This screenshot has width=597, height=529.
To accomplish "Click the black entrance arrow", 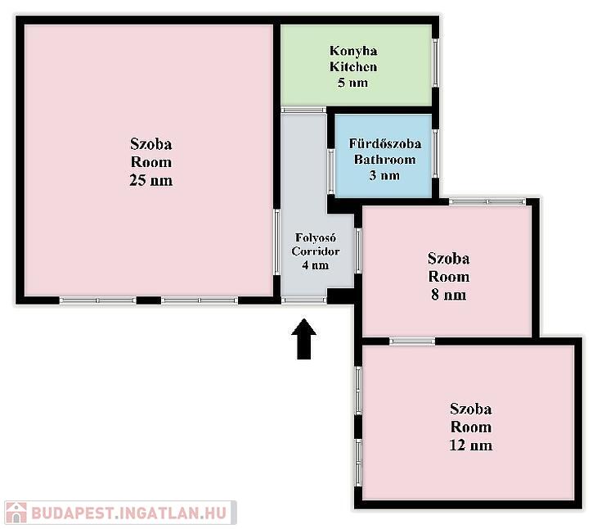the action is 304,339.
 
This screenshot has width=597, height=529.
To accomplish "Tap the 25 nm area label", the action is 150,180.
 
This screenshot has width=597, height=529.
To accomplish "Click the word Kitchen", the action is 353,66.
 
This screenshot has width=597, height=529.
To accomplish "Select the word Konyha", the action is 353,51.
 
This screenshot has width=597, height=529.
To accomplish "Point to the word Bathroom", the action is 384,160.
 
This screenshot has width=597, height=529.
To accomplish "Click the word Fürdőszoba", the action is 385,143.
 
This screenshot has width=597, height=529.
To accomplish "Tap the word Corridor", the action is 315,251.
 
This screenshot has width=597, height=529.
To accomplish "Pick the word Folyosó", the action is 315,237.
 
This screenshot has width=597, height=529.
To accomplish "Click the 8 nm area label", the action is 448,295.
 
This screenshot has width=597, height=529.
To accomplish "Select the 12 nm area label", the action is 470,445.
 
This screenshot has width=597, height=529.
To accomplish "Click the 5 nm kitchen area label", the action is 352,83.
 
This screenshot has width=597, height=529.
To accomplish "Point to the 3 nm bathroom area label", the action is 384,175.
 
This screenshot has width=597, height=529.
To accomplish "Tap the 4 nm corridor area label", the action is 315,265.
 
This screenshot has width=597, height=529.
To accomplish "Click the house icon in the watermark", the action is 16,513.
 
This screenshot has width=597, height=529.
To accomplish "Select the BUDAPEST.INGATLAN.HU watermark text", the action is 129,513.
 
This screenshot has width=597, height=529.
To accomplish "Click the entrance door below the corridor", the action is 304,301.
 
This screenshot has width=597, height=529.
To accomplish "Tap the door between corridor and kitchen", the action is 303,110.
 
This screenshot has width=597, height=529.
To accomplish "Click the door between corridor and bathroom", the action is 331,171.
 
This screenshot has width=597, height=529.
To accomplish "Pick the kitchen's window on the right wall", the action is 436,62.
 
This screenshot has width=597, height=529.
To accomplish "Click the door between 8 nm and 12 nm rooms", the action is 412,341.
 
